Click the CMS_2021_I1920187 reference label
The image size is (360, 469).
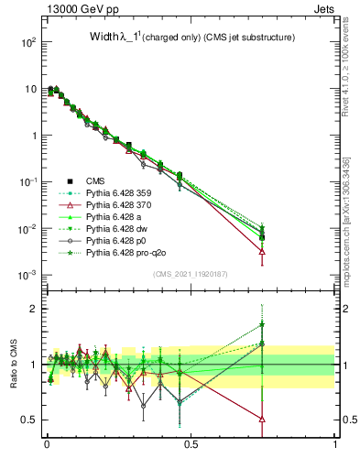pyautogui.click(x=191, y=274)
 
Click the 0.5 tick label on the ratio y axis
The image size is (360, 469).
pyautogui.click(x=28, y=420)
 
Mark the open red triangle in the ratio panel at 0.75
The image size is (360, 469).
pyautogui.click(x=263, y=420)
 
